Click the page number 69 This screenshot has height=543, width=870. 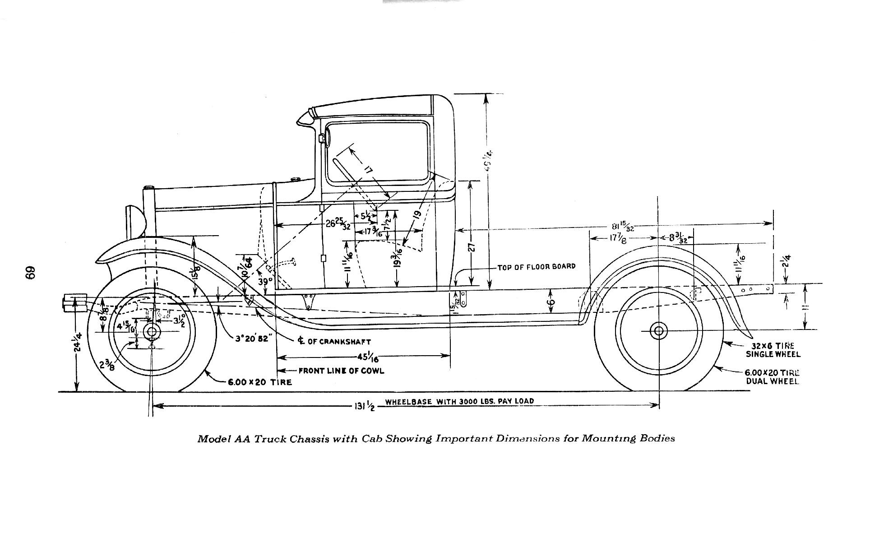pyautogui.click(x=30, y=273)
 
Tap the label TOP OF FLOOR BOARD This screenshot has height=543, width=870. pyautogui.click(x=537, y=267)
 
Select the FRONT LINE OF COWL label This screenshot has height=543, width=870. pyautogui.click(x=341, y=371)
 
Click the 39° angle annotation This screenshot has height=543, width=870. pyautogui.click(x=265, y=281)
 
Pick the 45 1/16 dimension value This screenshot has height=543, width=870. pyautogui.click(x=368, y=357)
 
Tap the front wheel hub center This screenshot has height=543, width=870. pyautogui.click(x=152, y=332)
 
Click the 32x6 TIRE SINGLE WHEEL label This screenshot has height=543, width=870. pyautogui.click(x=773, y=350)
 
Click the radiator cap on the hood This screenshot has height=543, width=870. pyautogui.click(x=149, y=188)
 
